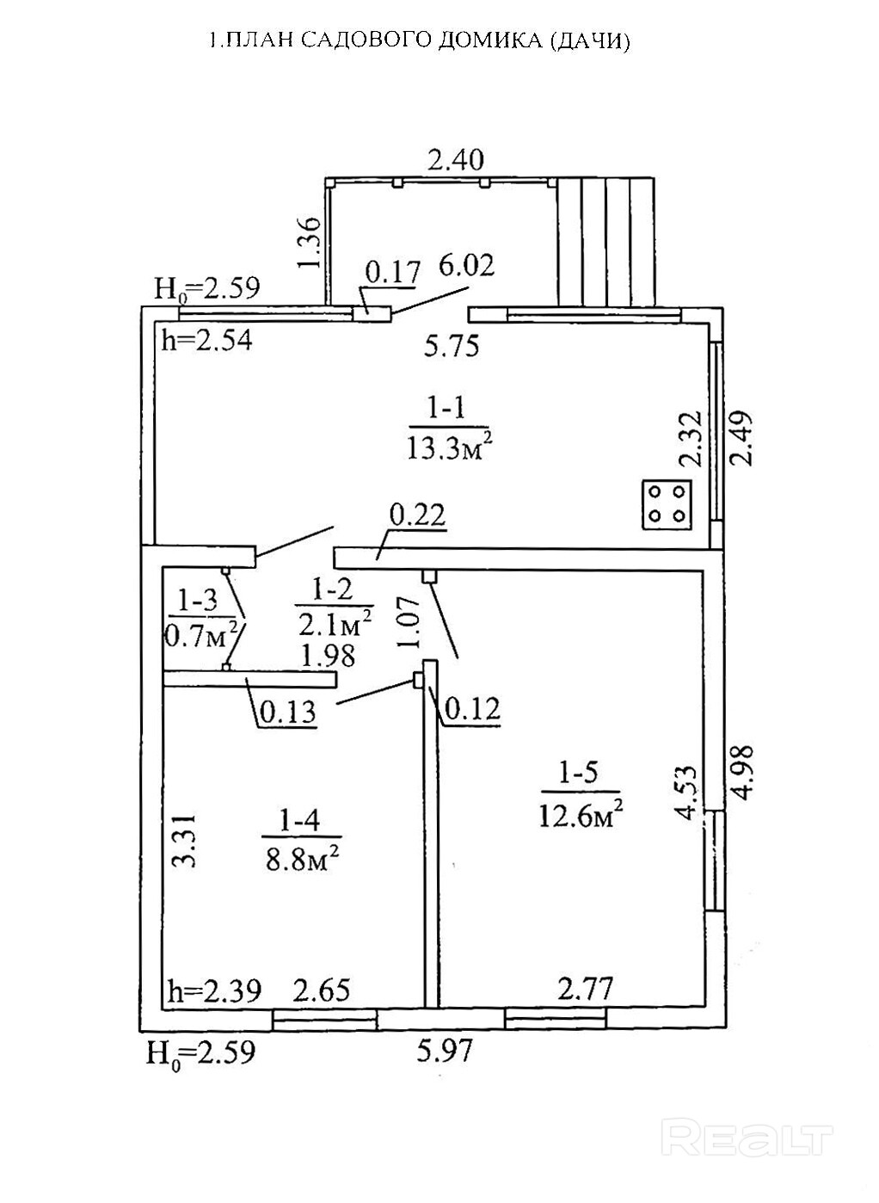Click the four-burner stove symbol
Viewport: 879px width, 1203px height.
click(x=667, y=503)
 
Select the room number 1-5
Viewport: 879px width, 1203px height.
click(x=578, y=773)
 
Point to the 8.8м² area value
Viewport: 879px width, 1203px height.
click(x=299, y=859)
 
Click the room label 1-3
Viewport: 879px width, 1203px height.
click(x=197, y=598)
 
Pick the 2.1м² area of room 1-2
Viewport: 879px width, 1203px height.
click(x=335, y=620)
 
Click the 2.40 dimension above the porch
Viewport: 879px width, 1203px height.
click(x=457, y=160)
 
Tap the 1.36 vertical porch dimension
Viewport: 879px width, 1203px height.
click(x=310, y=243)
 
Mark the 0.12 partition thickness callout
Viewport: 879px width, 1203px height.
click(x=470, y=709)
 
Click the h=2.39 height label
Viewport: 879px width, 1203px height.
click(x=213, y=991)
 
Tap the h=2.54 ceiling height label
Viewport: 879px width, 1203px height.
click(x=207, y=341)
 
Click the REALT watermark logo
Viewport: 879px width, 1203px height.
click(x=751, y=1138)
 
